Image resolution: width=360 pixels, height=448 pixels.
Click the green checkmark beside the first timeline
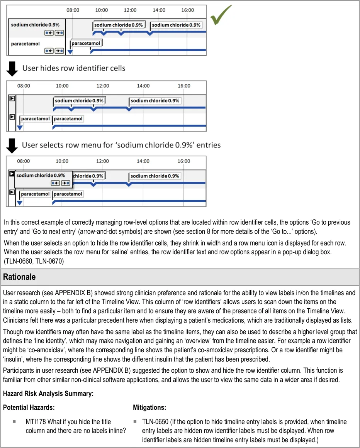click(221, 15)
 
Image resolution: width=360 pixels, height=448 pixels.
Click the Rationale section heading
click(19, 277)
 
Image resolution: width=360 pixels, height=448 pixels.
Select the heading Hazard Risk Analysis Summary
click(48, 394)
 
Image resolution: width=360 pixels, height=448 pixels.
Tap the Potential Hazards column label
click(29, 407)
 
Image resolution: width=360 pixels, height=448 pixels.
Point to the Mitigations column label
click(149, 407)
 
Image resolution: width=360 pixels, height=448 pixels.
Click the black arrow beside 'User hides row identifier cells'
click(12, 68)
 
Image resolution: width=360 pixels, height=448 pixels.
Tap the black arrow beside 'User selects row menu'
click(12, 145)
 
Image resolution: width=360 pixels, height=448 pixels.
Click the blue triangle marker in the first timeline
click(70, 51)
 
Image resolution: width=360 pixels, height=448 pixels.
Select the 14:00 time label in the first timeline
click(159, 10)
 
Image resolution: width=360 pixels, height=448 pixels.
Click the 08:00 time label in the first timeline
click(73, 10)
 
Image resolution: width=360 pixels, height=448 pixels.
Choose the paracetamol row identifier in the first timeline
click(25, 44)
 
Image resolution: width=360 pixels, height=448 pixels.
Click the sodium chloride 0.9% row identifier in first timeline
click(35, 25)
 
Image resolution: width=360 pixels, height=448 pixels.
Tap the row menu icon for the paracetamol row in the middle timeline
click(12, 117)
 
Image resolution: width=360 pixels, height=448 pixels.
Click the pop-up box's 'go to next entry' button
click(66, 183)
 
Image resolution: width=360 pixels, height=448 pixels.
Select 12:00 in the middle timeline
click(103, 86)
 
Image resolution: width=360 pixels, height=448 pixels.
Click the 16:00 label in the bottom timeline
click(184, 161)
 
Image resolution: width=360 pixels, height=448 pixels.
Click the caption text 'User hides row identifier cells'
click(74, 68)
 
